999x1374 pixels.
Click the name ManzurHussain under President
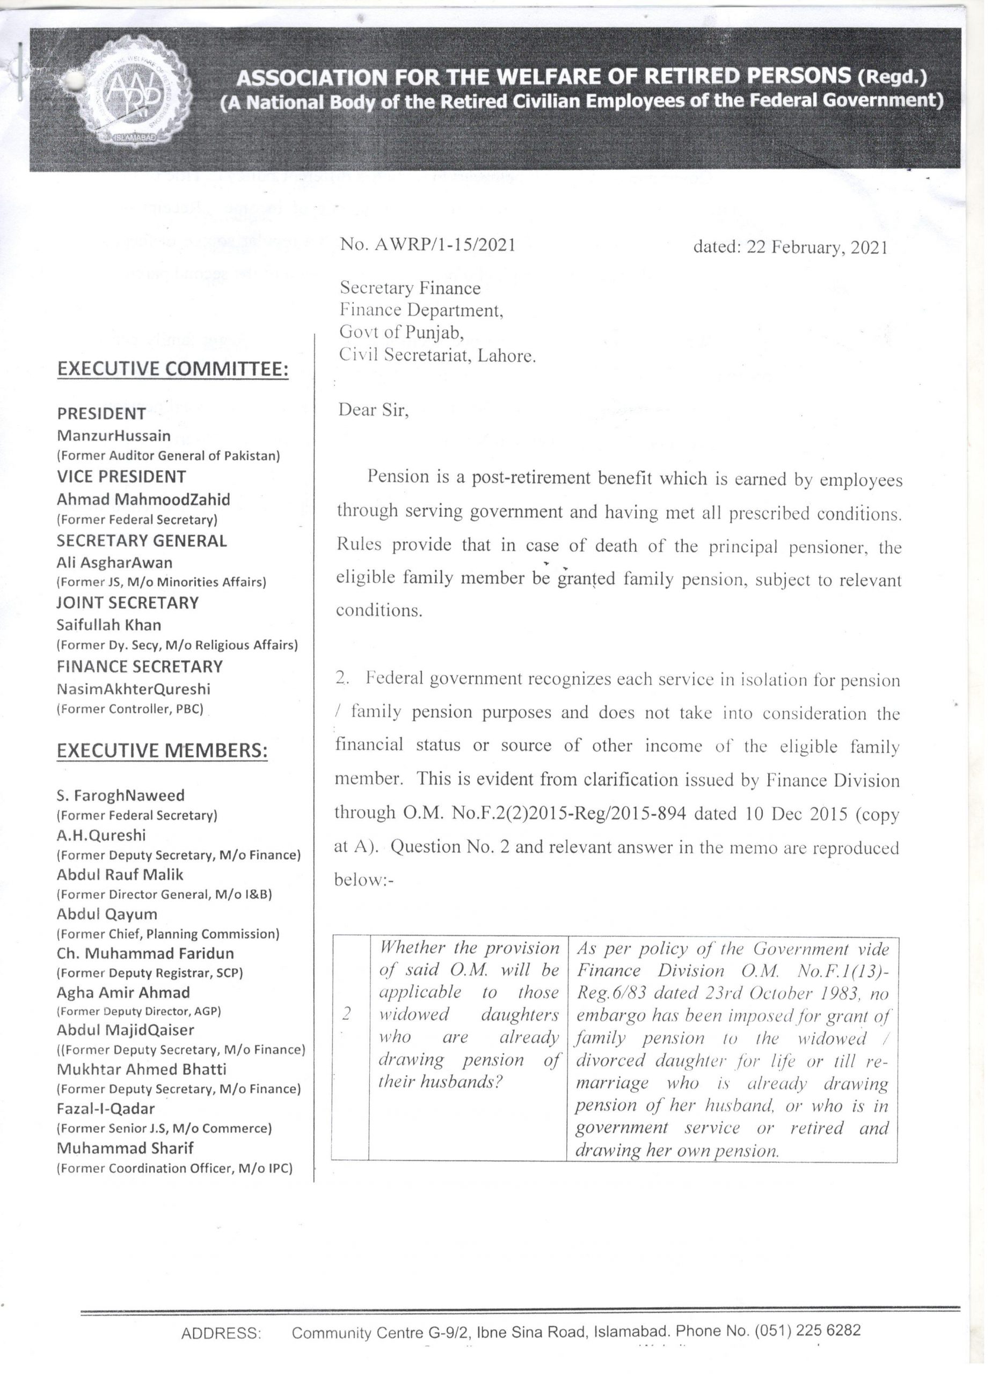(113, 436)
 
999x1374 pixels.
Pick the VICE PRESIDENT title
(121, 477)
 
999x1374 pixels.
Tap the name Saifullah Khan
(108, 625)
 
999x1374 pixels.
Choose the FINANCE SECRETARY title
(140, 667)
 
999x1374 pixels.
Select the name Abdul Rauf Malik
(119, 874)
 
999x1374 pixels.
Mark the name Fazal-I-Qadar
(105, 1109)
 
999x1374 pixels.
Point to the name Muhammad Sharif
(125, 1148)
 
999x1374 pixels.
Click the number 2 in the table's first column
(347, 1014)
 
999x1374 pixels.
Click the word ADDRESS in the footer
(221, 1333)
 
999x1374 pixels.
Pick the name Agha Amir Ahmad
(123, 992)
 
